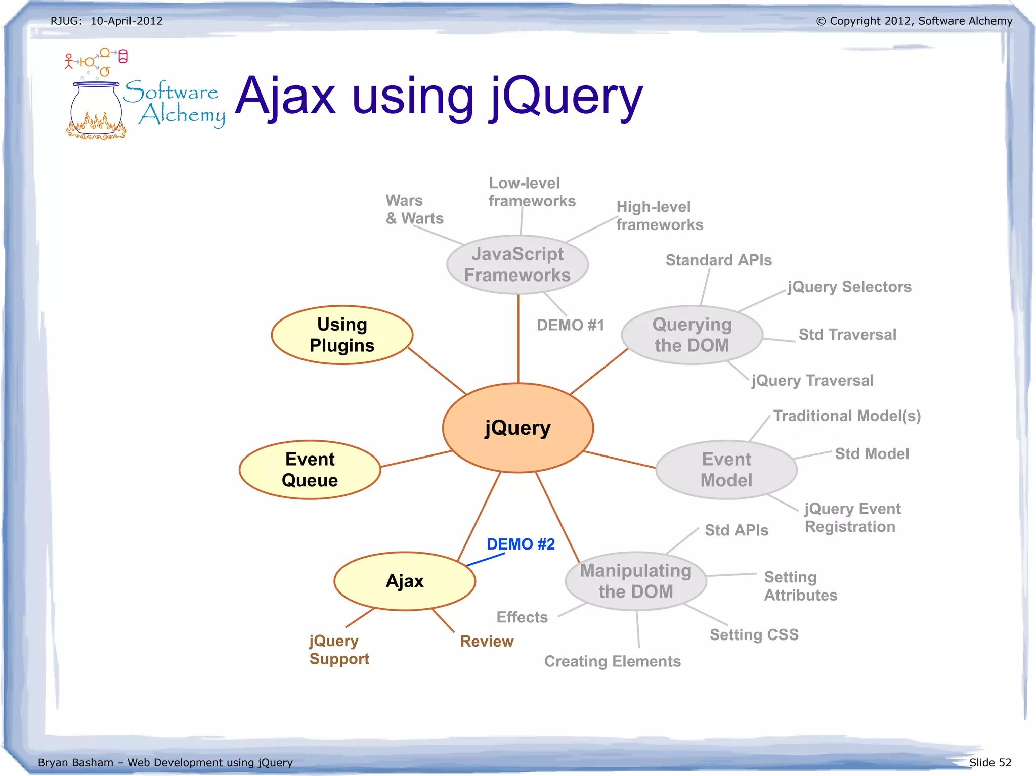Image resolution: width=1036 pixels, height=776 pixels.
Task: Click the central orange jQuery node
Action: pos(517,428)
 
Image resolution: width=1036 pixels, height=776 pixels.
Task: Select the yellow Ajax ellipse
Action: pos(405,581)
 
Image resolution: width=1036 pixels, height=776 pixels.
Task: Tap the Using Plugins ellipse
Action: pos(342,335)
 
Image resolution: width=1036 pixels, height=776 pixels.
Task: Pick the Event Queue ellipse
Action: pos(310,470)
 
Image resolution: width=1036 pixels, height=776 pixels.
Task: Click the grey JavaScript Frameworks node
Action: pos(517,264)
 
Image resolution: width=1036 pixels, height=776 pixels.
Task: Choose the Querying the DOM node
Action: pos(692,335)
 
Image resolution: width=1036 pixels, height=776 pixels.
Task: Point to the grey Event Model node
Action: pos(726,470)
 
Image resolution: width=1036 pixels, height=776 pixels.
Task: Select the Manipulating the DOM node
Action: pos(635,581)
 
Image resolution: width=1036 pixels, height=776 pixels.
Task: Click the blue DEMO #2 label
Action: pos(521,544)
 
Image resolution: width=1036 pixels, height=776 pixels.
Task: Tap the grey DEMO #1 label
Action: pos(570,325)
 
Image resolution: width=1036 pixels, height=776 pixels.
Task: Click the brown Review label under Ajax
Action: pos(487,641)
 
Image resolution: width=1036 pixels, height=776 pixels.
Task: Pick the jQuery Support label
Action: pos(339,650)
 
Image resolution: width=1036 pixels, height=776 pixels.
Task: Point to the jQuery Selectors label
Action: pos(849,287)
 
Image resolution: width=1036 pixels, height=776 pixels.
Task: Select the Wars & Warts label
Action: pos(414,209)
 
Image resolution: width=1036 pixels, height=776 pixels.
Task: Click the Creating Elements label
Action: pos(612,661)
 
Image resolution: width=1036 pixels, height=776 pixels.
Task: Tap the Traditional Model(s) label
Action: pos(847,416)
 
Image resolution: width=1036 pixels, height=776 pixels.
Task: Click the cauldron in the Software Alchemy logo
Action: pos(96,111)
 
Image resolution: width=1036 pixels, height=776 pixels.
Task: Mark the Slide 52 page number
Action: pos(990,762)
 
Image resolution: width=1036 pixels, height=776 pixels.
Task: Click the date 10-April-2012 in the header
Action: pos(126,21)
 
